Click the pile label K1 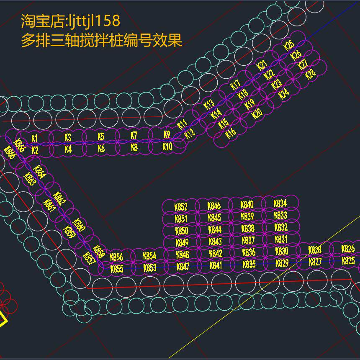pyautogui.click(x=35, y=138)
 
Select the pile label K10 pyautogui.click(x=167, y=147)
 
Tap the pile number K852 pyautogui.click(x=181, y=207)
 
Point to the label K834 pyautogui.click(x=280, y=204)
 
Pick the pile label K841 pyautogui.click(x=216, y=265)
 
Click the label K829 pyautogui.click(x=282, y=263)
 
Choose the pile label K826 pyautogui.click(x=348, y=249)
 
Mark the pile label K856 pyautogui.click(x=116, y=257)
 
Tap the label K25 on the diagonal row pyautogui.click(x=289, y=45)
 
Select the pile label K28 pyautogui.click(x=310, y=75)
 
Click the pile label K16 pyautogui.click(x=231, y=134)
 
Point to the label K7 pyautogui.click(x=134, y=136)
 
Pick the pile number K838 pyautogui.click(x=248, y=229)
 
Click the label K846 pyautogui.click(x=214, y=206)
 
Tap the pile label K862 pyautogui.click(x=60, y=199)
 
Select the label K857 pyautogui.click(x=89, y=260)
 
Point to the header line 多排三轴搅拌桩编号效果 pyautogui.click(x=101, y=41)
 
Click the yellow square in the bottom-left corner pyautogui.click(x=2, y=319)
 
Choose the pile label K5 pyautogui.click(x=101, y=136)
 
